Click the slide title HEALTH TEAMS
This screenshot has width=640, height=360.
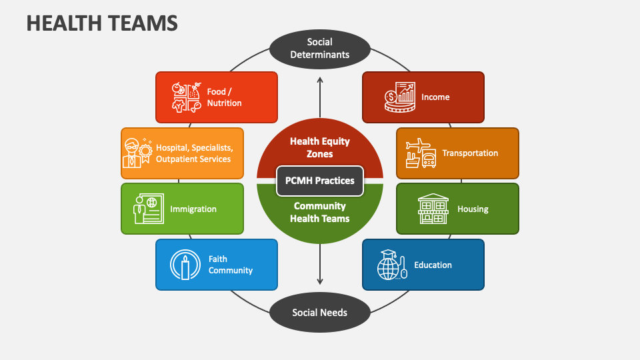point(102,23)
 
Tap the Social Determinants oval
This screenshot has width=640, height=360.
point(320,48)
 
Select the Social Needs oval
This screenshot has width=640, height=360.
point(320,312)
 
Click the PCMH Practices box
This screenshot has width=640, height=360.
point(320,180)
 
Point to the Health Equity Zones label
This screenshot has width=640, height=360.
point(320,147)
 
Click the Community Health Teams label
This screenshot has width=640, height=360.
point(320,212)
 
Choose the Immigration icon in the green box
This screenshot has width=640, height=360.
point(146,209)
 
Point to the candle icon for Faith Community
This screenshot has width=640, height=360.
point(185,265)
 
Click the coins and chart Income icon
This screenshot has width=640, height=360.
point(399,97)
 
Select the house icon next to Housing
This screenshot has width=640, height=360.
point(433,209)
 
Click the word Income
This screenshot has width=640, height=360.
point(435,97)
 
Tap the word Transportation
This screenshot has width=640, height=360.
point(470,153)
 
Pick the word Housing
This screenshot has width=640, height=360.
point(473,209)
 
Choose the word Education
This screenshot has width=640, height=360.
point(433,265)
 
